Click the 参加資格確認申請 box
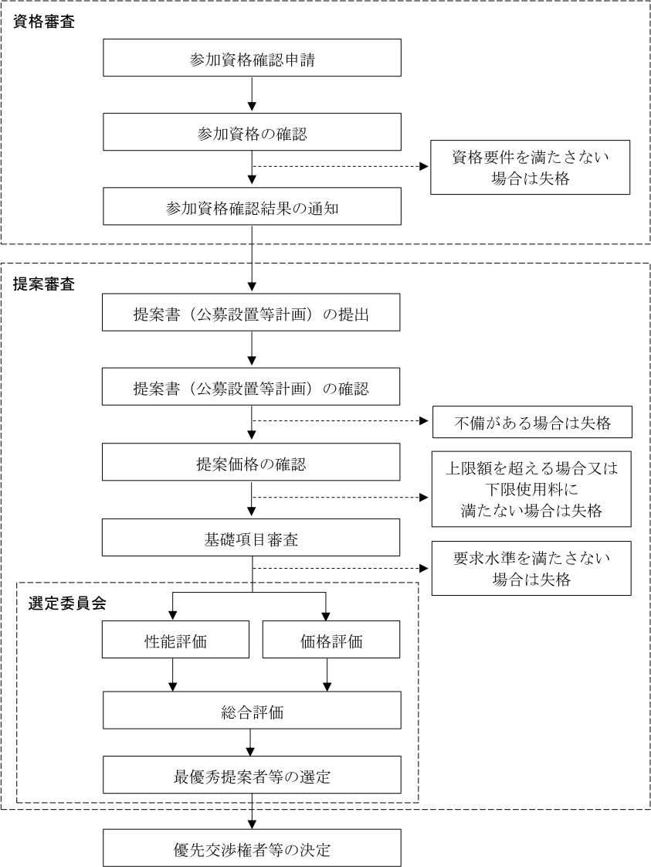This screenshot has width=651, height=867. click(252, 59)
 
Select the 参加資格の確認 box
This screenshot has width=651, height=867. click(252, 133)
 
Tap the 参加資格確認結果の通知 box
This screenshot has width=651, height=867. click(252, 207)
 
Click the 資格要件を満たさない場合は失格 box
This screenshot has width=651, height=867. click(531, 167)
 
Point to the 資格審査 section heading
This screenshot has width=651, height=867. click(44, 21)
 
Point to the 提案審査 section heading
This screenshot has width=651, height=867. click(44, 284)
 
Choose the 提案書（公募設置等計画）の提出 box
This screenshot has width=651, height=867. click(252, 314)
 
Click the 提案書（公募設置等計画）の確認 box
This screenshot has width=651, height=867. click(252, 388)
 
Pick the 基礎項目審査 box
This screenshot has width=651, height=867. click(252, 538)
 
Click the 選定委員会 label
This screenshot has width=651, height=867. click(67, 603)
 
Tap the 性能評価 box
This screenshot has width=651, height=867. click(176, 640)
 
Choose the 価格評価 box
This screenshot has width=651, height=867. click(331, 640)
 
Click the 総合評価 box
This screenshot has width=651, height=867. click(252, 710)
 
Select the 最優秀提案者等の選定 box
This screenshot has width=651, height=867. click(252, 775)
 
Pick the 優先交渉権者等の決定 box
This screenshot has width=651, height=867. click(252, 848)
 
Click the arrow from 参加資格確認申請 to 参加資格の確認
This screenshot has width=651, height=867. click(252, 95)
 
